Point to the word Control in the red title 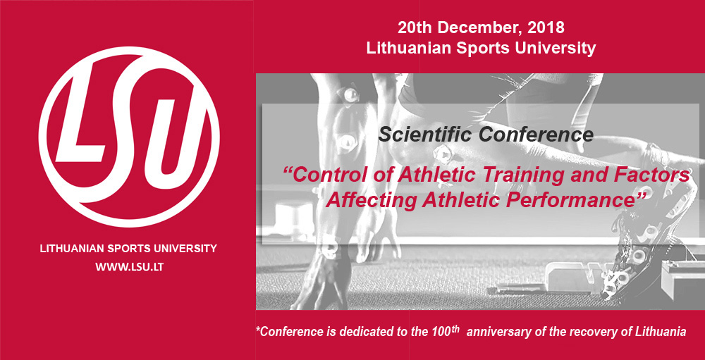click(x=322, y=175)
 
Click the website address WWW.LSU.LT click(x=129, y=267)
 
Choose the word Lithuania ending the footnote click(x=662, y=333)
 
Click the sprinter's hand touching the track click(x=321, y=279)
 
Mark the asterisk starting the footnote click(x=258, y=330)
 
